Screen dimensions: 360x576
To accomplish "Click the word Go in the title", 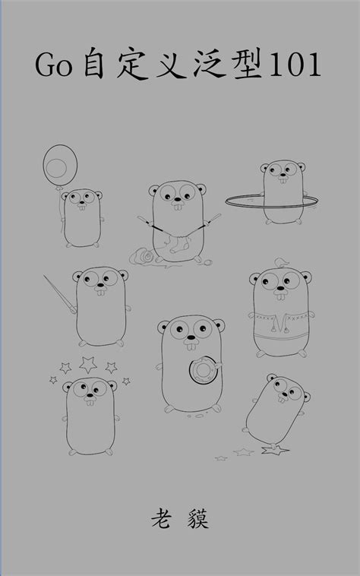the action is coord(54,65).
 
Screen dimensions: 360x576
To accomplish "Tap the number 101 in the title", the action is coord(295,65).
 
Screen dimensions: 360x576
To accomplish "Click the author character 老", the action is coord(161,518).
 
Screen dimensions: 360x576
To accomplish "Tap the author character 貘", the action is coord(198,518).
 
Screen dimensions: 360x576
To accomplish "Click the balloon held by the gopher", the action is coord(60,166).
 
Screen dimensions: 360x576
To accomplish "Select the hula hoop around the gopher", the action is coord(272,201).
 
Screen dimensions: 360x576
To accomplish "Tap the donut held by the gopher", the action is coord(204,370).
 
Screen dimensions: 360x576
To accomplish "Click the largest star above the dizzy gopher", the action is coord(88,365).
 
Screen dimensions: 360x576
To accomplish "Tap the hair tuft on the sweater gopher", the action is coord(282,263).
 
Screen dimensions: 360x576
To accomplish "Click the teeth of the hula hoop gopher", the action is coord(283,180).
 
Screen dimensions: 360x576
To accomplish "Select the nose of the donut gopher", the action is coord(191,337).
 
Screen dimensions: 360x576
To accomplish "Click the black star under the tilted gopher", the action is coord(274,449).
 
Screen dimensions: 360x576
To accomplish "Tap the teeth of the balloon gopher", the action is coord(82,207).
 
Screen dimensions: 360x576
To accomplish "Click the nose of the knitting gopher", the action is coord(178,201).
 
